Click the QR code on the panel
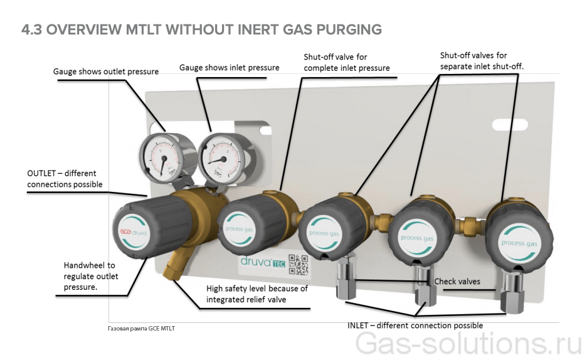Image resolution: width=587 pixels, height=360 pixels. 299,266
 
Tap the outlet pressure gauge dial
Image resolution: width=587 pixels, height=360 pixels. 161,152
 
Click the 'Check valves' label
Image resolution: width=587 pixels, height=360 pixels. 457,282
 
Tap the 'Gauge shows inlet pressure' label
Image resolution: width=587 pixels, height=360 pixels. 230,68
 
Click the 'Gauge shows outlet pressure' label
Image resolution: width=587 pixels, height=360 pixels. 105,71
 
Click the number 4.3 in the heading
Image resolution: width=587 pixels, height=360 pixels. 31,29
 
